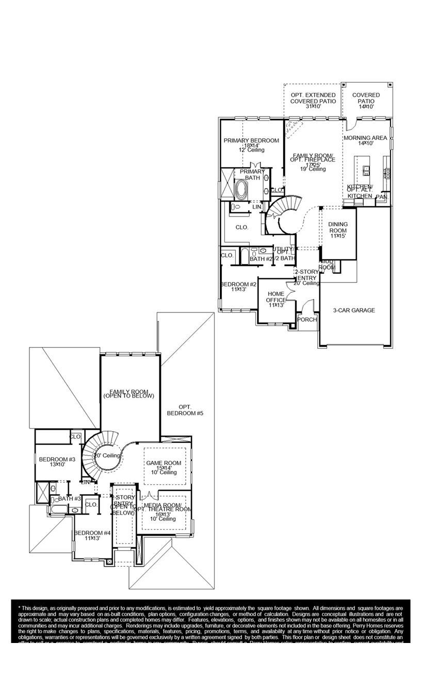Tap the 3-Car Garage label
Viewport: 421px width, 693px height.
click(x=353, y=310)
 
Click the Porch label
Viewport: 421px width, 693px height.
click(x=307, y=320)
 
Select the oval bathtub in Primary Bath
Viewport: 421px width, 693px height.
click(x=241, y=190)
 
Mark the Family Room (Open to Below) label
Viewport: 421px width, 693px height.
click(x=128, y=394)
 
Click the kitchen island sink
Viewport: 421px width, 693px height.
click(x=366, y=169)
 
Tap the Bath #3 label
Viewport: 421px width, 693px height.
click(x=69, y=499)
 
